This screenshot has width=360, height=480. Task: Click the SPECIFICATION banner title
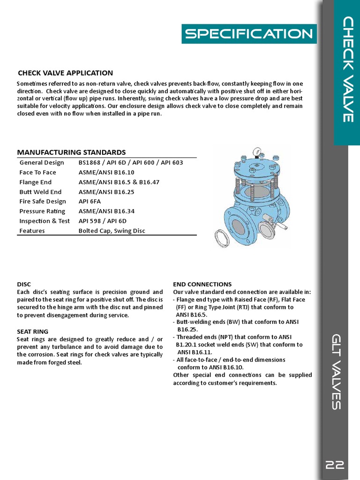coord(248,34)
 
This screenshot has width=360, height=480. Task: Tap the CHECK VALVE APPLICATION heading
coord(65,73)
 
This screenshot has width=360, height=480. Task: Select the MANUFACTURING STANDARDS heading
coord(71,152)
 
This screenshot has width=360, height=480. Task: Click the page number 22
coord(335,465)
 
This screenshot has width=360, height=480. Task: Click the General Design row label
coord(42,163)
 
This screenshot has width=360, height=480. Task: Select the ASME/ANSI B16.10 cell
coord(106,172)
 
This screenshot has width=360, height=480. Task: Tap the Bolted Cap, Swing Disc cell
coord(112,231)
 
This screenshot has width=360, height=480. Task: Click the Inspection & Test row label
coord(45,221)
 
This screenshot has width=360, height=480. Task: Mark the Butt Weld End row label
coord(40,192)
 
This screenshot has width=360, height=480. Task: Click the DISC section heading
coord(23,285)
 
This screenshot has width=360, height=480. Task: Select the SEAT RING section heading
coord(32,331)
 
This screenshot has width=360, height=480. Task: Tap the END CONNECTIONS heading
coord(202,285)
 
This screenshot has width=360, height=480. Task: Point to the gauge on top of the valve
coord(256,152)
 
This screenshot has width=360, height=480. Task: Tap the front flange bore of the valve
coord(239,228)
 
